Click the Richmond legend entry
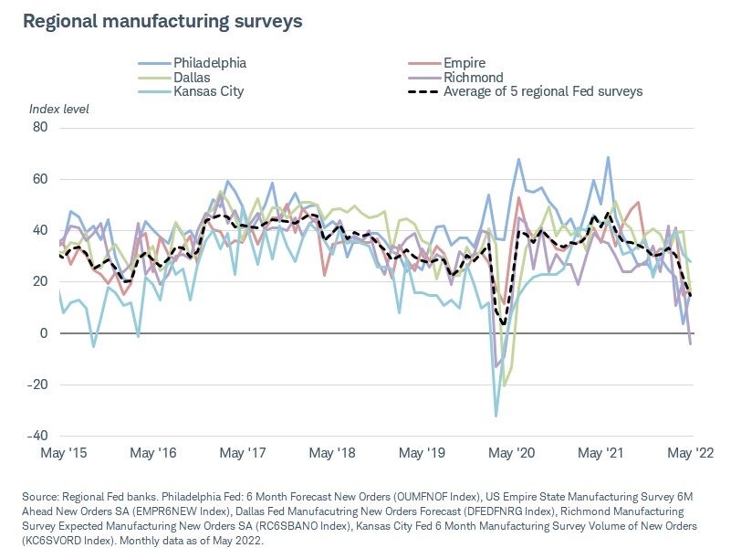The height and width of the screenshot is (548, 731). pos(473,78)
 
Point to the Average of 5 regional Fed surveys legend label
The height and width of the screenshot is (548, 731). pos(543,91)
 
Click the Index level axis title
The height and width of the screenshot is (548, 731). pos(59,110)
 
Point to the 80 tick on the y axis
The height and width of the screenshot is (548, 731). pos(39,127)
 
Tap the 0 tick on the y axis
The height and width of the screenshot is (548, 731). pos(43,333)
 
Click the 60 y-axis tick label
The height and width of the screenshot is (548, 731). pos(39,179)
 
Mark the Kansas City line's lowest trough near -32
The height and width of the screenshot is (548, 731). pos(496,416)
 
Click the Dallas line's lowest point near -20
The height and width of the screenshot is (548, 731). pos(504,385)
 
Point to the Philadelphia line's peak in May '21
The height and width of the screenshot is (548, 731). pos(608,157)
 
